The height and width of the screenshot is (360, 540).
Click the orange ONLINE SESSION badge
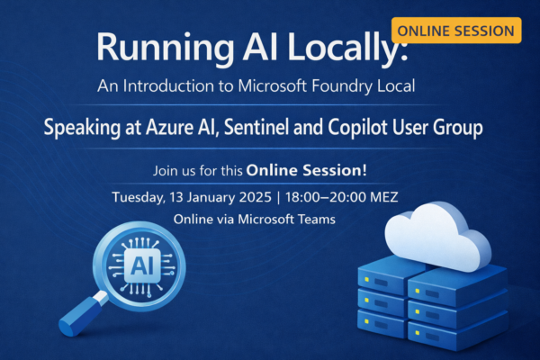457,30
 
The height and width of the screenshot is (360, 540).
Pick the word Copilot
366,128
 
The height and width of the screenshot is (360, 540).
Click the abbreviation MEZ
411,196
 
